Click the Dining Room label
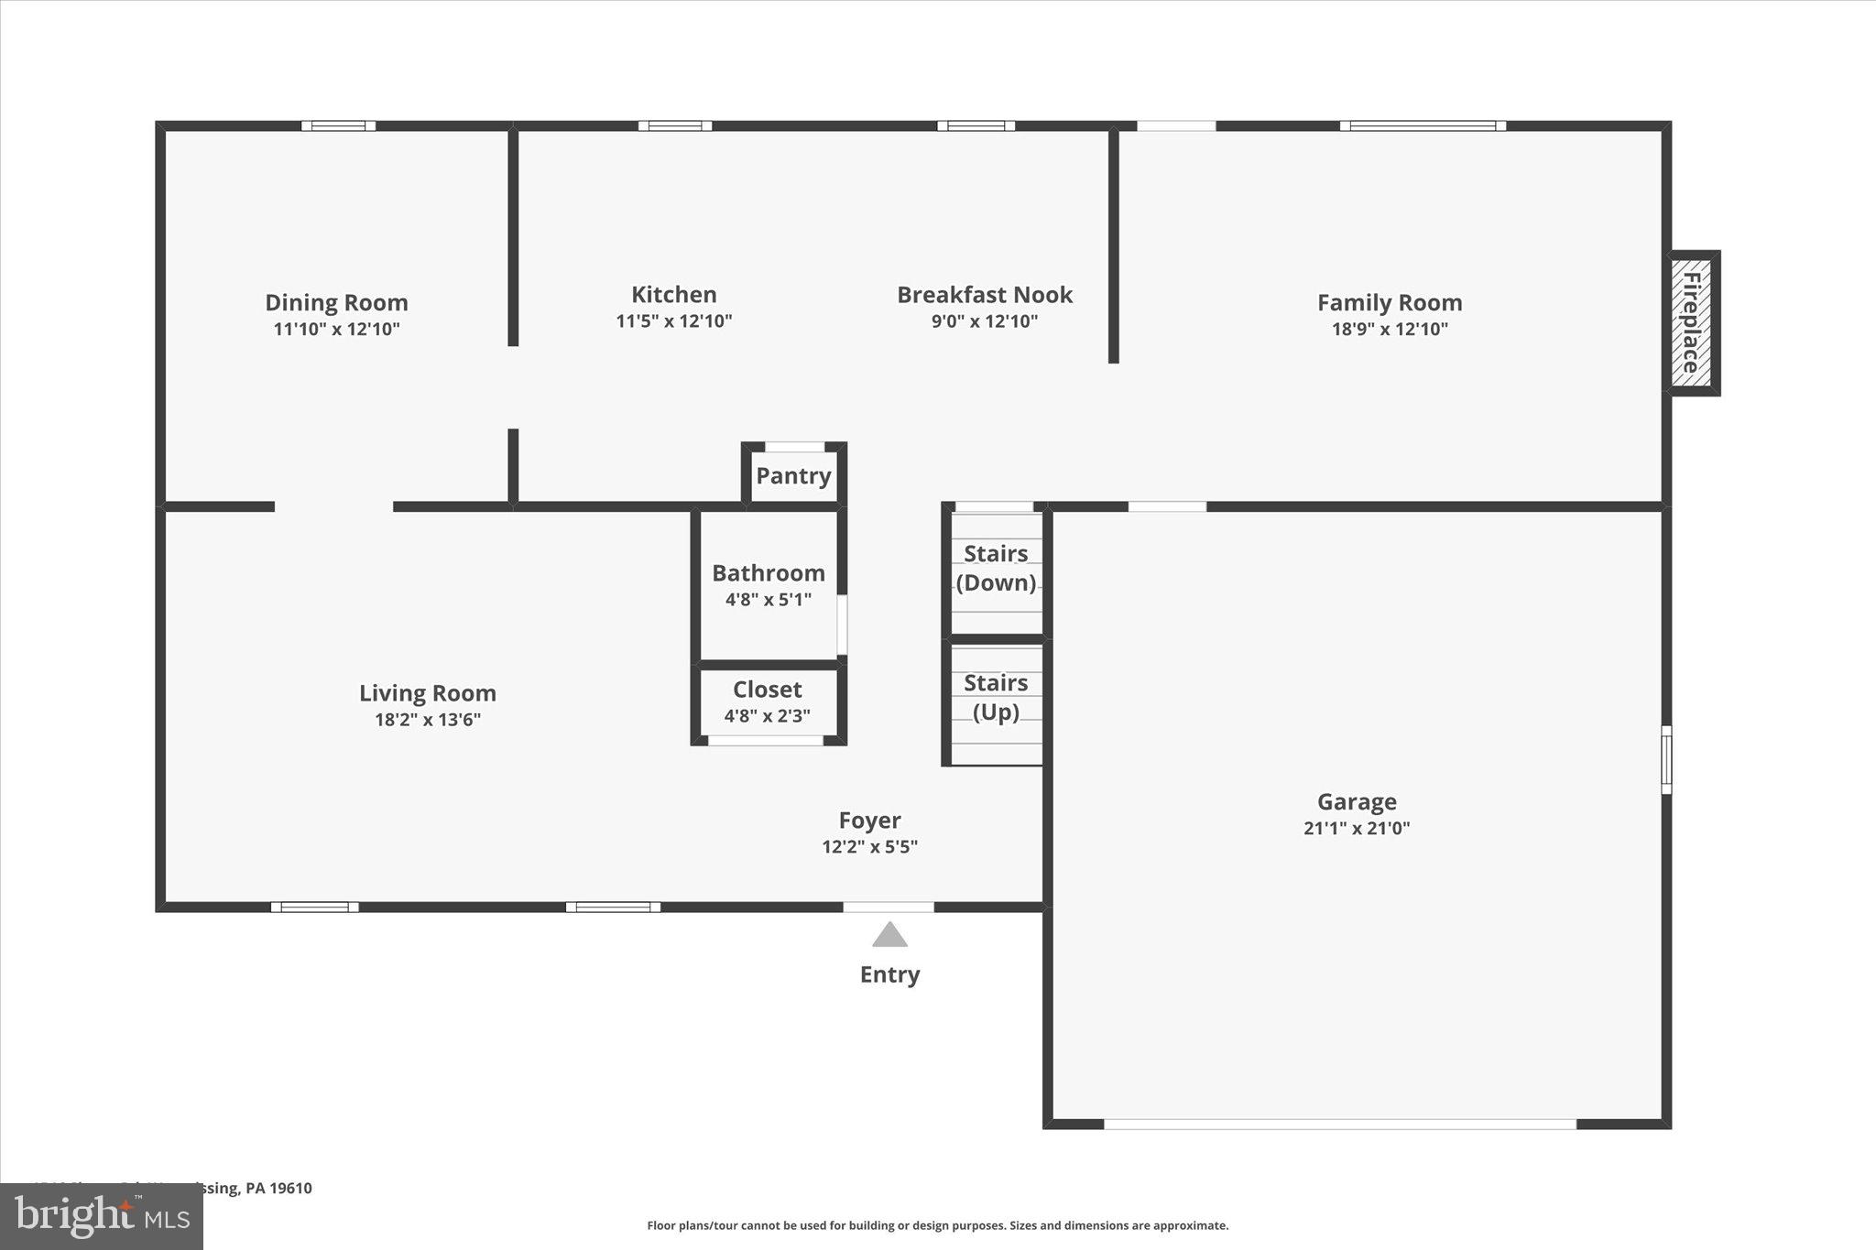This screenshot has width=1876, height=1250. tap(336, 302)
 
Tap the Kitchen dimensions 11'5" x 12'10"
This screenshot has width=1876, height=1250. tap(673, 321)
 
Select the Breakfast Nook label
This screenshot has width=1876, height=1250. tap(984, 295)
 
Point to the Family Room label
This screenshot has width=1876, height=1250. tap(1389, 302)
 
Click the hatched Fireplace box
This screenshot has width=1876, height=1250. tap(1691, 322)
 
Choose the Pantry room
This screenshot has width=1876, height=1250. tap(793, 475)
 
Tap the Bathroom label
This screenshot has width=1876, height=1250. tap(768, 573)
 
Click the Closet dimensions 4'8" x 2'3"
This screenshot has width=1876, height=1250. tap(767, 716)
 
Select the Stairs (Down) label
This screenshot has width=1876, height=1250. tap(996, 568)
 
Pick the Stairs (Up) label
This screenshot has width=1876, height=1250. tap(996, 697)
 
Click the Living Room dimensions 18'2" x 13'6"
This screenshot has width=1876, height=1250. tap(427, 720)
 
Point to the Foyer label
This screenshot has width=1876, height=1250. tap(869, 821)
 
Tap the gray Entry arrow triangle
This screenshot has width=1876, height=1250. tap(889, 936)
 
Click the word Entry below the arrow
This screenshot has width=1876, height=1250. tap(889, 974)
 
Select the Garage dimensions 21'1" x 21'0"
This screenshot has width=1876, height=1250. tap(1356, 829)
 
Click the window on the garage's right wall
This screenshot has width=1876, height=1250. tap(1666, 759)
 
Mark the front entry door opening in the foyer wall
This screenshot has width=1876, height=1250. tap(888, 907)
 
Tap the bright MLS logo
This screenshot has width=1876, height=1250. tap(101, 1216)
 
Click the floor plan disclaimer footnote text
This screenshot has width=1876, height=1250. tap(937, 1225)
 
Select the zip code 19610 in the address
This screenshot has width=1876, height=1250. tap(292, 1189)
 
